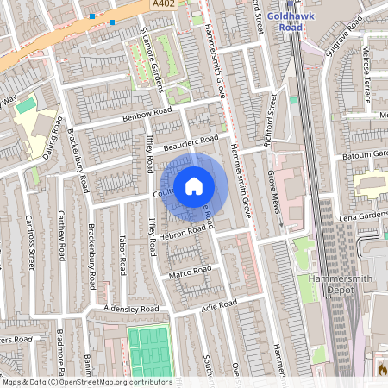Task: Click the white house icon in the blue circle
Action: (194, 185)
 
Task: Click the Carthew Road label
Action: (61, 234)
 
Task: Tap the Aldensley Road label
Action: (131, 309)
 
